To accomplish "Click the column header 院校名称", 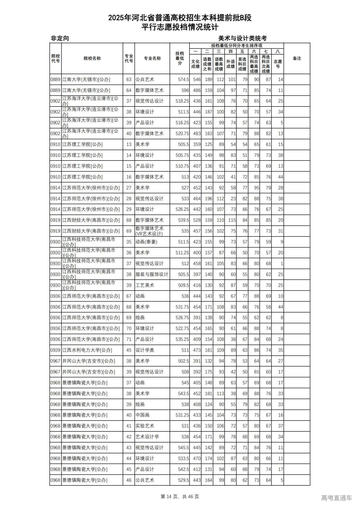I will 92,58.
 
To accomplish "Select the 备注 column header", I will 297,58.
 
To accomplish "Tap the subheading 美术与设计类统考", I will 242,38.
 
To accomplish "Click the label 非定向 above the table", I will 60,38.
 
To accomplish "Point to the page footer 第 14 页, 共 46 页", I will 180,496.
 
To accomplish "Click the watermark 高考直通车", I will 336,498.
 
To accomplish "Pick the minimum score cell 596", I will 185,90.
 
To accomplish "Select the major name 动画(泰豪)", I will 146,242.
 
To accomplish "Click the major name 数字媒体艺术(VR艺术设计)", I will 149,231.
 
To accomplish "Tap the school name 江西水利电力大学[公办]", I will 87,350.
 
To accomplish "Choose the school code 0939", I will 55,350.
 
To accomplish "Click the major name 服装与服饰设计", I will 152,274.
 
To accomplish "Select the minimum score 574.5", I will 183,80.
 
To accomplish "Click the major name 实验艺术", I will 145,426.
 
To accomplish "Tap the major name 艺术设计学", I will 147,436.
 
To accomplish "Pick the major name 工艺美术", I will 145,285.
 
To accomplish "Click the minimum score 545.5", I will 183,447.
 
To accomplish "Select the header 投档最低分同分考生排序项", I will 237,46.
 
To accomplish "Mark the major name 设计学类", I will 145,350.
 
